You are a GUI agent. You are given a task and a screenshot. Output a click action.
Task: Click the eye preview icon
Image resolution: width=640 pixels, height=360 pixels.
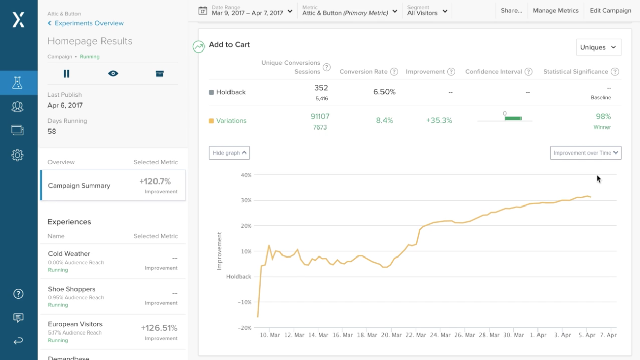pyautogui.click(x=113, y=74)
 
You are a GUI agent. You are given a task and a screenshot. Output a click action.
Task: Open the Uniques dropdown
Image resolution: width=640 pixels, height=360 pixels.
pyautogui.click(x=598, y=47)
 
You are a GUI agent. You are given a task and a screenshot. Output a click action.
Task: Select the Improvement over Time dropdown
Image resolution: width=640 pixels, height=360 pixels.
pyautogui.click(x=585, y=153)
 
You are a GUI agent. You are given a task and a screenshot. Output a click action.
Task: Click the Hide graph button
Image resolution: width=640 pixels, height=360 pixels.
pyautogui.click(x=229, y=153)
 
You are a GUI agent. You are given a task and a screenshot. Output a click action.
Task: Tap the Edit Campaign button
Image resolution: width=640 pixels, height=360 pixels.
pyautogui.click(x=610, y=11)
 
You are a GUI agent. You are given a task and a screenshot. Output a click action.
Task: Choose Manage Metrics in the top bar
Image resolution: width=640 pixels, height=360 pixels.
pyautogui.click(x=555, y=11)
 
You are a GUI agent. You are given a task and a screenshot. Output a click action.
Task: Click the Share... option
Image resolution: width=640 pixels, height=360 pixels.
pyautogui.click(x=511, y=11)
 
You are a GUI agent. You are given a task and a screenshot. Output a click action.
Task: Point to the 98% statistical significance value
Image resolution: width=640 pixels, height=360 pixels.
pyautogui.click(x=603, y=117)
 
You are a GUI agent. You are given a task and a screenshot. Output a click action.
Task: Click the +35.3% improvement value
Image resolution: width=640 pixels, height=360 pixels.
pyautogui.click(x=439, y=121)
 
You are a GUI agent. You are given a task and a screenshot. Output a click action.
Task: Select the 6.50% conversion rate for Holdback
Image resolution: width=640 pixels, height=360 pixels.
pyautogui.click(x=385, y=92)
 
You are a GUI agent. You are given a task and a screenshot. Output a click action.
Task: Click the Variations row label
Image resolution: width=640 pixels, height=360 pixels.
pyautogui.click(x=231, y=121)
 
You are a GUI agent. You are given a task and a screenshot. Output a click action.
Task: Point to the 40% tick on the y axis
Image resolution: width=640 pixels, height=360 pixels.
pyautogui.click(x=246, y=175)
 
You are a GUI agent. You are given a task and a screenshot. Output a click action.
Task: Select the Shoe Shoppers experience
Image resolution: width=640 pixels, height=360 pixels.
pyautogui.click(x=72, y=289)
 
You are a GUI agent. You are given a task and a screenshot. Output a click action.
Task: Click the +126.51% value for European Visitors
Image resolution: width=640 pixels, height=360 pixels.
pyautogui.click(x=159, y=328)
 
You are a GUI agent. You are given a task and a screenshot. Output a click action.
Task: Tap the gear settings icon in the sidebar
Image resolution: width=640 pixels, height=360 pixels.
pyautogui.click(x=18, y=155)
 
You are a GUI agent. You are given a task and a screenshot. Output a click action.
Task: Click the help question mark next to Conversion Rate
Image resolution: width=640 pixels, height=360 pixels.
pyautogui.click(x=394, y=72)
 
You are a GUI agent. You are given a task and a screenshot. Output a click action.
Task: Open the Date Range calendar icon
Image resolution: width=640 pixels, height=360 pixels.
pyautogui.click(x=202, y=11)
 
